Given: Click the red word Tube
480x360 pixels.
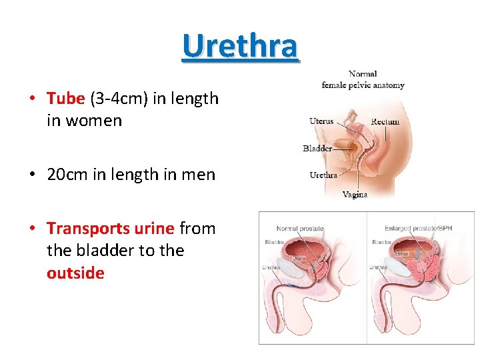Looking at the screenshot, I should click(66, 99).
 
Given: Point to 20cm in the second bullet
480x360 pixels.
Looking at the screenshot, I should click(66, 175).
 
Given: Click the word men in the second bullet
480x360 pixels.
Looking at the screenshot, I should click(201, 175).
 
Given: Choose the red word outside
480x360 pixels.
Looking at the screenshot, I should click(75, 273).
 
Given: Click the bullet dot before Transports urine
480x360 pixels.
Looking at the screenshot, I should click(31, 229).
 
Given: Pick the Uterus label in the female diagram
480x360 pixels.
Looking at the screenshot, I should click(321, 121).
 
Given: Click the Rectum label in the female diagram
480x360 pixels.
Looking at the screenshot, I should click(385, 121).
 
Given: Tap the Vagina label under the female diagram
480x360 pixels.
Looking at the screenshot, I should click(355, 195).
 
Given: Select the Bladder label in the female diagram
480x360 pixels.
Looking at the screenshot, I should click(317, 148).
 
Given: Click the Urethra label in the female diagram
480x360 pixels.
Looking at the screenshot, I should click(323, 175).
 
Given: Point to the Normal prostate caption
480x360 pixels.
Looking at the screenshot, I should click(299, 229).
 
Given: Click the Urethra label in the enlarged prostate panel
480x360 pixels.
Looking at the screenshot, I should click(378, 268).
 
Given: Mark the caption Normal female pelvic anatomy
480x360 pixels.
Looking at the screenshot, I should click(363, 79).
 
